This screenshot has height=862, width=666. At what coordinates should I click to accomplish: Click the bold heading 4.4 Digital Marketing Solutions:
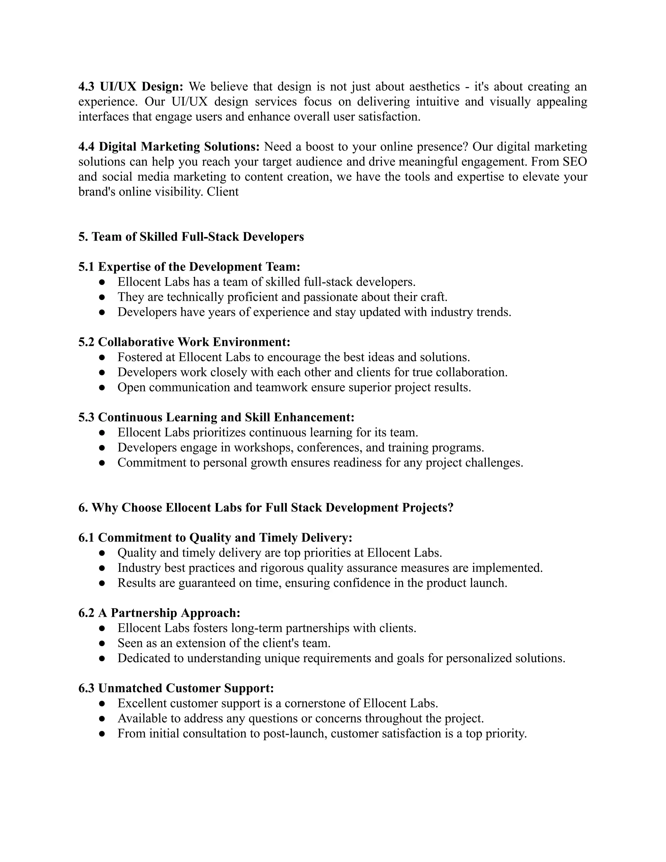169,147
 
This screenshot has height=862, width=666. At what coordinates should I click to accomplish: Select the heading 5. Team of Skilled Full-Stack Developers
191,237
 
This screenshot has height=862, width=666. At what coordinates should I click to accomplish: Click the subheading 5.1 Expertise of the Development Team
189,267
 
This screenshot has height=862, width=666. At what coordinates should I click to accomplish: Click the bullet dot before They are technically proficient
102,297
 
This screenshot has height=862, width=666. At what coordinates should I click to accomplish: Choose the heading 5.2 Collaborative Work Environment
184,342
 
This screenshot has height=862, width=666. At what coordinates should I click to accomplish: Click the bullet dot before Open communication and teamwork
102,388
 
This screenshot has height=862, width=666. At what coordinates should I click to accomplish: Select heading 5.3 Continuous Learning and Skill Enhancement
216,417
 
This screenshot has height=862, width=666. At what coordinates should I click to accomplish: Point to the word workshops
263,448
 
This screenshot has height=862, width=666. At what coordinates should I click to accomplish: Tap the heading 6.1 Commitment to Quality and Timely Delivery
215,538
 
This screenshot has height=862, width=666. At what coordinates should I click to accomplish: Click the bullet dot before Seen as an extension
102,643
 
